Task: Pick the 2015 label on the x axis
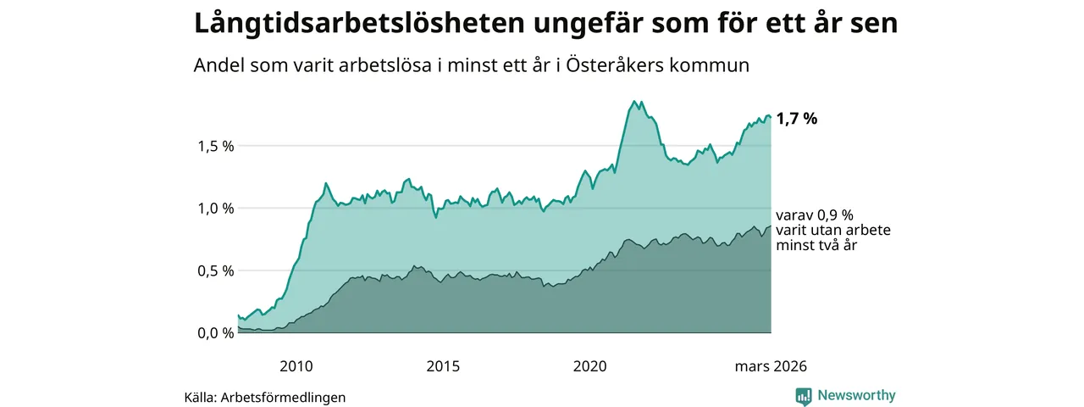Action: coord(443,366)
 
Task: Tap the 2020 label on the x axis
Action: coord(590,366)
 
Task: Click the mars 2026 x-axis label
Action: coord(770,366)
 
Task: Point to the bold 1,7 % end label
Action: coord(796,120)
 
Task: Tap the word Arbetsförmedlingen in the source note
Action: coord(283,397)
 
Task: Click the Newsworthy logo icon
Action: coord(804,396)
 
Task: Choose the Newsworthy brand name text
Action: coord(856,396)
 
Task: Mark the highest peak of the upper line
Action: coord(634,101)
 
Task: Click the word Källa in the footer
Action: coord(200,397)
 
